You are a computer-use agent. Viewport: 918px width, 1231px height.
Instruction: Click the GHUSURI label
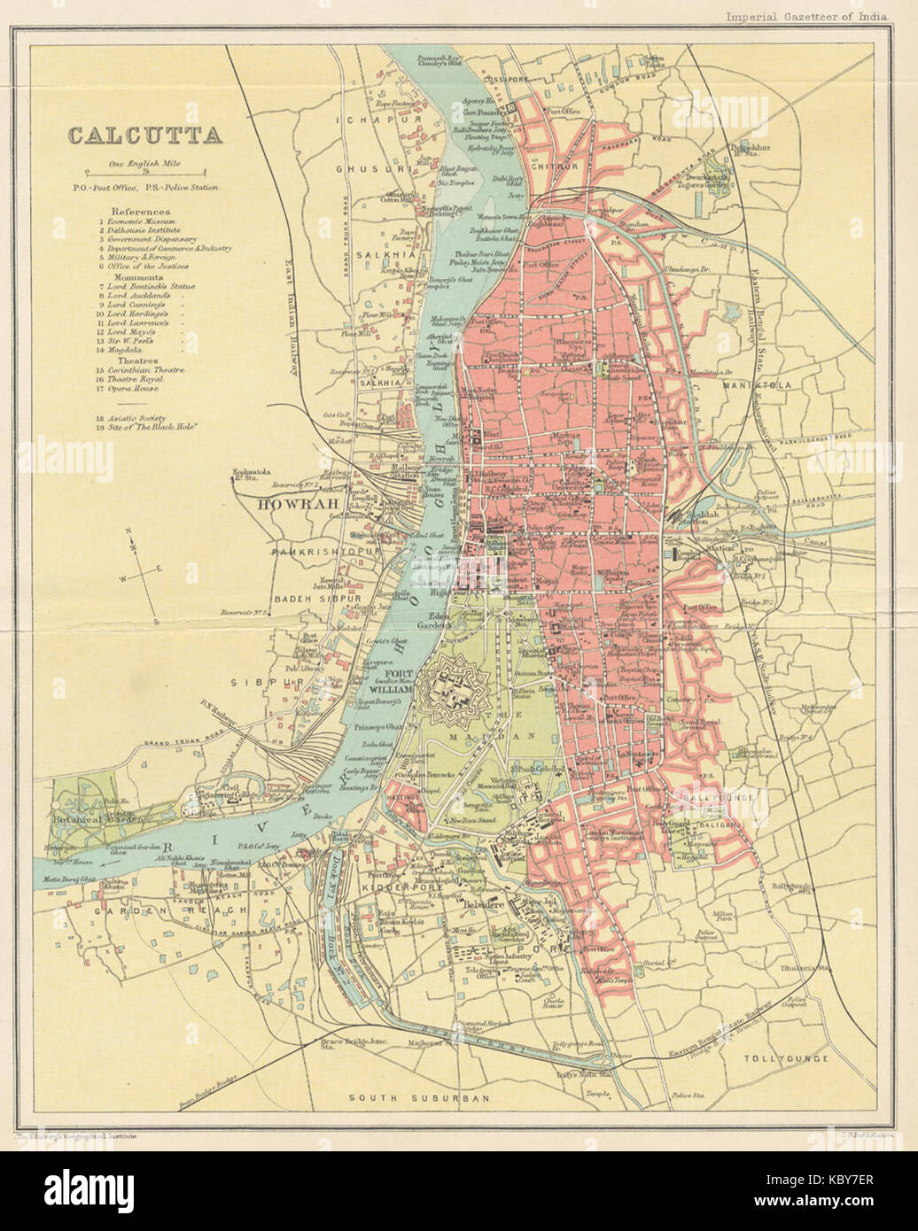click(x=364, y=166)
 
